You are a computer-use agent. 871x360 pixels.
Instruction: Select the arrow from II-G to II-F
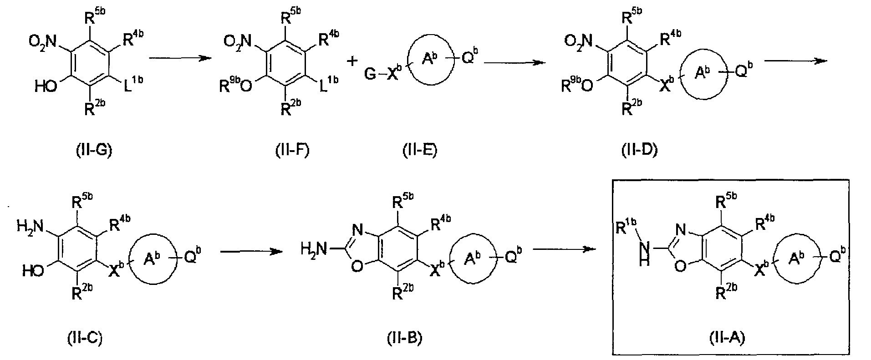pos(181,58)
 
